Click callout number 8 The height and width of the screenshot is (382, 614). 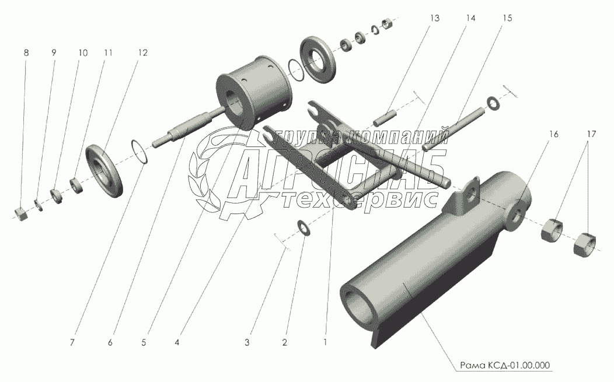(26, 52)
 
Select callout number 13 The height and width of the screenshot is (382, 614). (435, 18)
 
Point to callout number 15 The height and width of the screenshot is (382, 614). (507, 18)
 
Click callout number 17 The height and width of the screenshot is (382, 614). (591, 134)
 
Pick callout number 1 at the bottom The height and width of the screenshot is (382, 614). (325, 342)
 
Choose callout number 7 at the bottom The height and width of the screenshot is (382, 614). (72, 342)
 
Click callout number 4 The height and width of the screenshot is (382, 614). (177, 342)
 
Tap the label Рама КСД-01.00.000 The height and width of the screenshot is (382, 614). (505, 365)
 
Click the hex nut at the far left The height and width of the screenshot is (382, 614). (20, 213)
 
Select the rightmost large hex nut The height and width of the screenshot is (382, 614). (585, 245)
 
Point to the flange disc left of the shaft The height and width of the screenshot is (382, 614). (104, 170)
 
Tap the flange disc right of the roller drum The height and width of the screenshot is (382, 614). (318, 59)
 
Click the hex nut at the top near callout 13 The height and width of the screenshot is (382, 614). (388, 24)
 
